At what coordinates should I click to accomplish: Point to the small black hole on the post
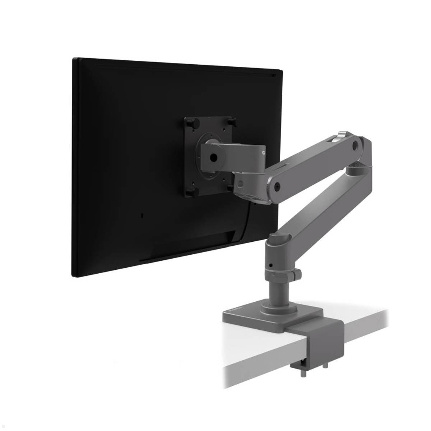(x=271, y=265)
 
